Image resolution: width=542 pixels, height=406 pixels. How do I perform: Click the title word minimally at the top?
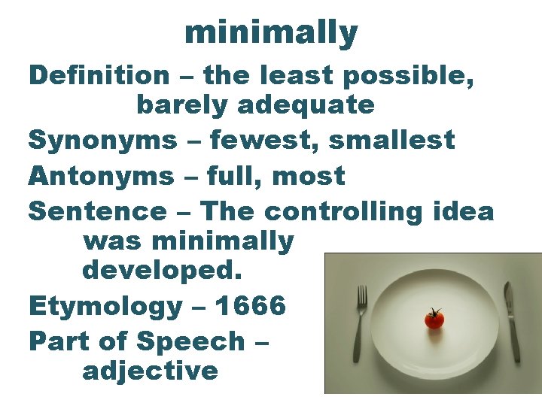pos(271,32)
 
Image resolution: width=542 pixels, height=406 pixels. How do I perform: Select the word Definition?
pos(99,75)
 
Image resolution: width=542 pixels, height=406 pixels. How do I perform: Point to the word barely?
pos(183,105)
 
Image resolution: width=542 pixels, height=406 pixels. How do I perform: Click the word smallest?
pos(393,140)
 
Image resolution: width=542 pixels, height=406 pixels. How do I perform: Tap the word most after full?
pos(309,176)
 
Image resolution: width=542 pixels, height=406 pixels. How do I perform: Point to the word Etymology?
pos(105,306)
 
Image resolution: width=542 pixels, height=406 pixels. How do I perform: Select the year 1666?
pos(250,306)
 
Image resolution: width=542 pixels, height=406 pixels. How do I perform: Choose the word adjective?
pos(151,370)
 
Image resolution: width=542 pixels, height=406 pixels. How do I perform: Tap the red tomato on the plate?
pos(434,321)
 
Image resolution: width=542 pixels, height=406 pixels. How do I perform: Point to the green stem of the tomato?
pos(434,311)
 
